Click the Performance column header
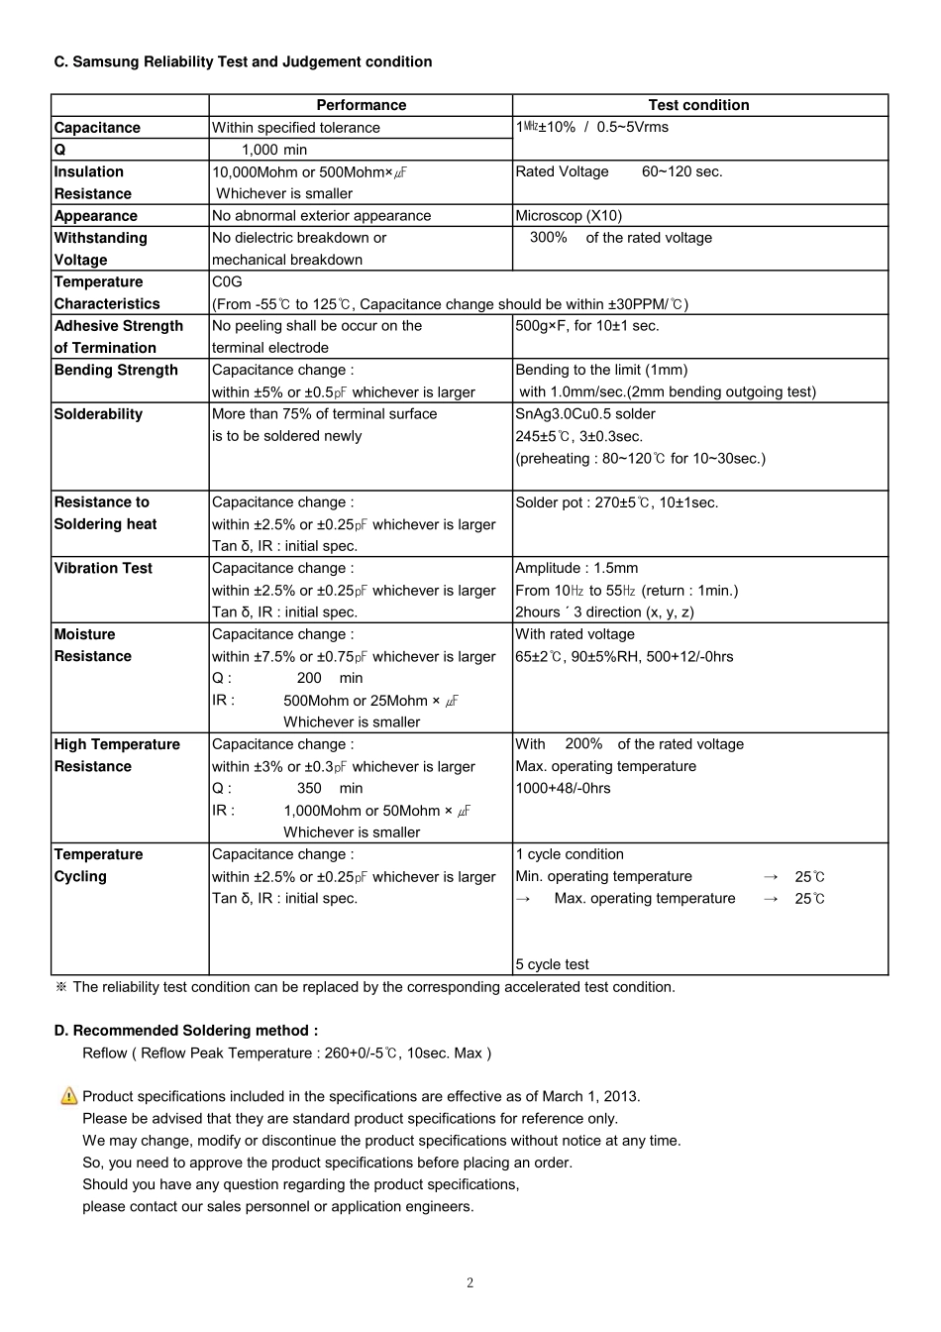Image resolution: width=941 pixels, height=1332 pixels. (x=361, y=105)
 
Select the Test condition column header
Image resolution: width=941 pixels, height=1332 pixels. (x=698, y=105)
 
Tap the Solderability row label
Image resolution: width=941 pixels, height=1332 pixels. (x=98, y=414)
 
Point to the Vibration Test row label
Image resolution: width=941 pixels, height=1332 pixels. (x=103, y=568)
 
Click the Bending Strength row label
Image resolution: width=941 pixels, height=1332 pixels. (x=116, y=370)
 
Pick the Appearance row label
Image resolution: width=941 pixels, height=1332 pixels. (x=95, y=216)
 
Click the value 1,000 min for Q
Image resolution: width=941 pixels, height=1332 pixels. (x=274, y=150)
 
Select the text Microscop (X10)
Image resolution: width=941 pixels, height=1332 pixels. (x=569, y=216)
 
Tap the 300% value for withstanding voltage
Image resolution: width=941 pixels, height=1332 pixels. (x=548, y=238)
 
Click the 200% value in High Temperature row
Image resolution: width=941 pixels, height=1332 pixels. (x=583, y=744)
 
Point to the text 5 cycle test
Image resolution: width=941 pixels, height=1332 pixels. (x=552, y=964)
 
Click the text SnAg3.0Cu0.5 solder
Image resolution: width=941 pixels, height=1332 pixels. (x=585, y=414)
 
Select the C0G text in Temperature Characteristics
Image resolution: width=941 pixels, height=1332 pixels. (x=227, y=281)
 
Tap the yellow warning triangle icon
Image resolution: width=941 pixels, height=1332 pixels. (x=68, y=1096)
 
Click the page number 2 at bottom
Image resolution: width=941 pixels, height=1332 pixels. (x=470, y=1283)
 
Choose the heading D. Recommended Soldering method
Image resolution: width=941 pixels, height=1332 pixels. (x=186, y=1031)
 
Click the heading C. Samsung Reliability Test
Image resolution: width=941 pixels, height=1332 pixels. (x=243, y=61)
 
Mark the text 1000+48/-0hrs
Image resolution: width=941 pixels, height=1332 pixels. (x=563, y=788)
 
